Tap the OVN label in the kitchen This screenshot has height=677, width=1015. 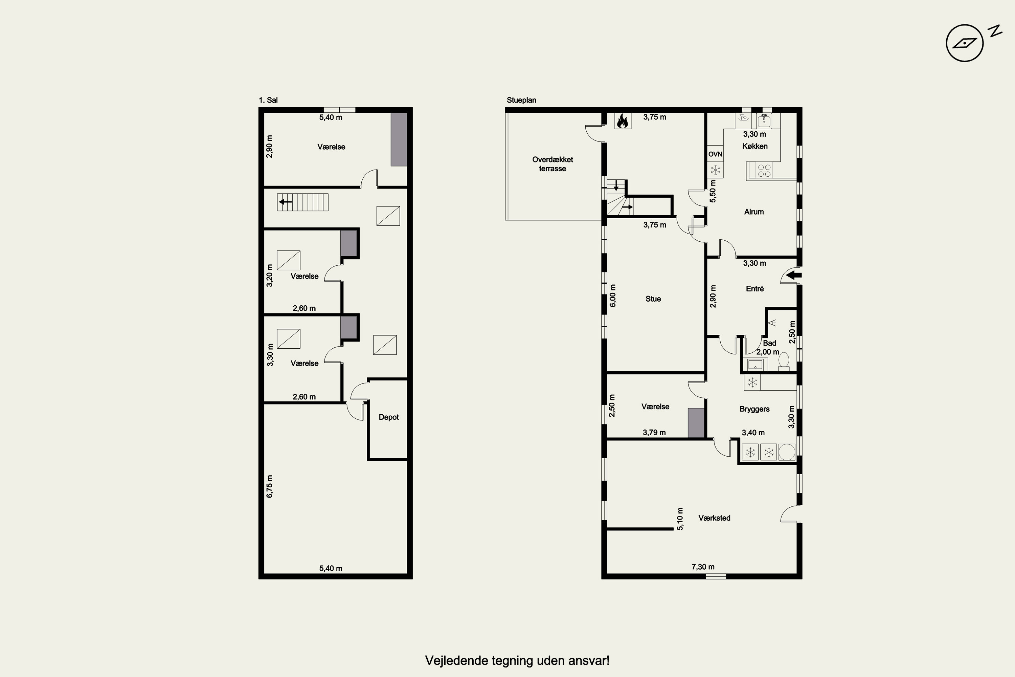coord(715,154)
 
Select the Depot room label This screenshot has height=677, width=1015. coord(388,417)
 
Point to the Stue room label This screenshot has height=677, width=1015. coord(653,299)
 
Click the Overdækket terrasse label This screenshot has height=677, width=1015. coord(552,164)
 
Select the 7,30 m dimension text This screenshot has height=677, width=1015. coord(703,567)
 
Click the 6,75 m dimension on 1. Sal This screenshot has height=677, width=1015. coord(270,487)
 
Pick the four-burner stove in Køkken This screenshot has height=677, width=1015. coord(764,171)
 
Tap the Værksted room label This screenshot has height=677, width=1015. coord(714,518)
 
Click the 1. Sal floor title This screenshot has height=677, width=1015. coord(268,100)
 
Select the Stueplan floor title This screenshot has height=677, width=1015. coord(521,100)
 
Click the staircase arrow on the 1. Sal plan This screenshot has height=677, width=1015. coord(285,202)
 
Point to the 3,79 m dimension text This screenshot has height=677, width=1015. coord(654,433)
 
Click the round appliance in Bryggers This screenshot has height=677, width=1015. coord(787,452)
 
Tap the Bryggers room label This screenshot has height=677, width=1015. coord(754,409)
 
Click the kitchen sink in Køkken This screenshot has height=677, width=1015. coord(764,120)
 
